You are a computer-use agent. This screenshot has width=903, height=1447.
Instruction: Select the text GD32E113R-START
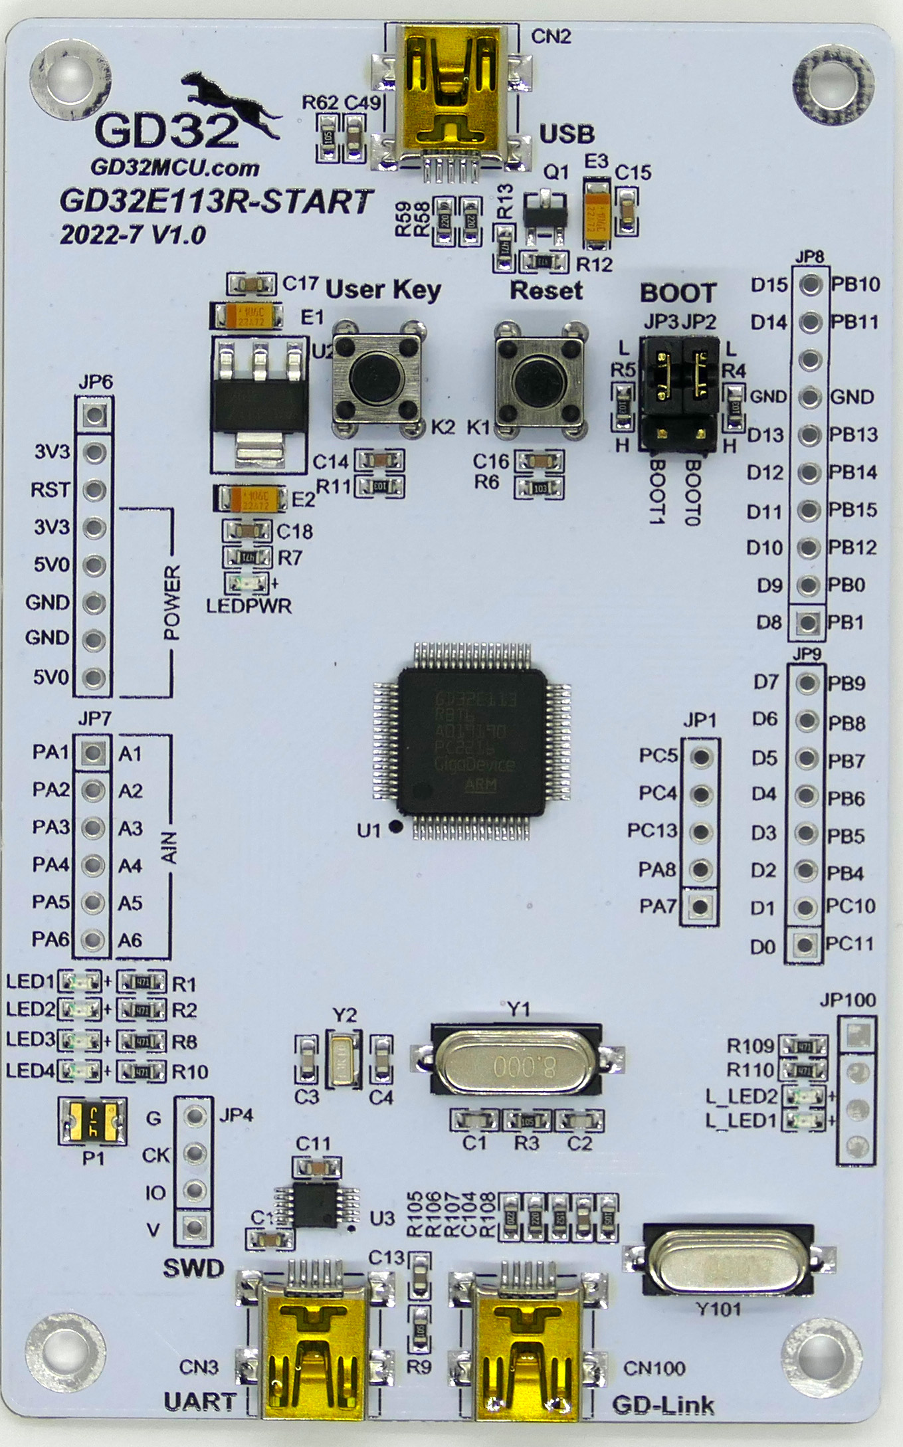point(216,201)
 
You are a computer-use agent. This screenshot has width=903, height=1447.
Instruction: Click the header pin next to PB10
point(810,285)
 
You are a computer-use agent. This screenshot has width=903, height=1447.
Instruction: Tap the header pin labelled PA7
point(700,906)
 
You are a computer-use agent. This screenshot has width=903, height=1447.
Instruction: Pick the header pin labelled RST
point(95,490)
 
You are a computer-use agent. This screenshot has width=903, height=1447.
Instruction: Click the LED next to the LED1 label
point(80,981)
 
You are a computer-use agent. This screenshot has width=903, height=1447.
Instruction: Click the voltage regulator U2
point(259,399)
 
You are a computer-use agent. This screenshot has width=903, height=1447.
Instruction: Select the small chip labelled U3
point(318,1205)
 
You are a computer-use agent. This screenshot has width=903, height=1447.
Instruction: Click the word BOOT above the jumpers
point(678,293)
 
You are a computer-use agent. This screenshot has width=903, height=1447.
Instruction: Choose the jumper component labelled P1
point(93,1120)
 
